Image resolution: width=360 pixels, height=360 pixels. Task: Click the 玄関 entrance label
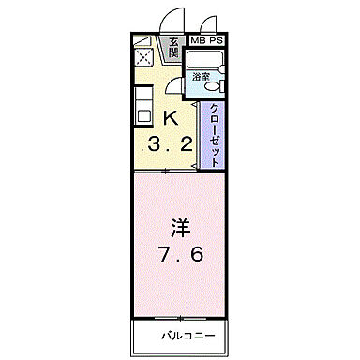[174, 46]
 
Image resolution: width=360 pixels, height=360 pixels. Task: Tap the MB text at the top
[199, 41]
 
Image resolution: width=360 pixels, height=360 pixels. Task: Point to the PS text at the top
[217, 41]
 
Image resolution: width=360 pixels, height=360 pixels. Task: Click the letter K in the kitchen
[171, 118]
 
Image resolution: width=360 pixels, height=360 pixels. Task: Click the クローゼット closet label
[214, 134]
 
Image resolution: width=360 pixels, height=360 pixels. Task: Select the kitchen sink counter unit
[142, 105]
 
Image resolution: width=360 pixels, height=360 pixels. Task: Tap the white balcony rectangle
[180, 335]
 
